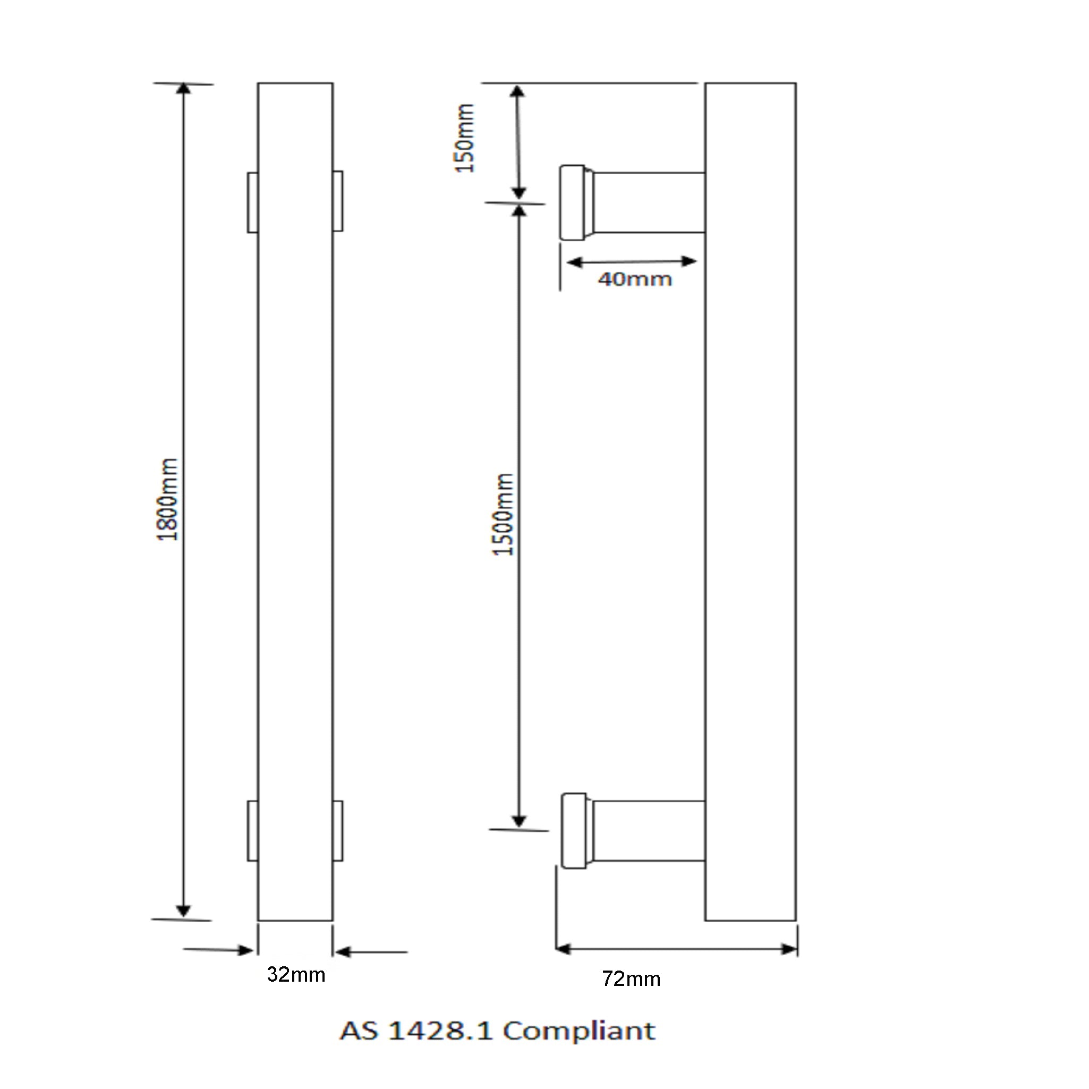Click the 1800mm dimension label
(168, 499)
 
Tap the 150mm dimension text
(465, 139)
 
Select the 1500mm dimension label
(504, 514)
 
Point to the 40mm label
(635, 279)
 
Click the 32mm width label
(296, 975)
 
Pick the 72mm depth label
(631, 979)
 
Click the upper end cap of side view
(573, 202)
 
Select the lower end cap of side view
(574, 831)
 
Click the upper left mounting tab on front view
(252, 202)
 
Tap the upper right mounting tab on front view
(338, 201)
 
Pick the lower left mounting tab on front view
(252, 831)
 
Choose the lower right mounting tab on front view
(338, 831)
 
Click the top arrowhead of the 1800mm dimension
(184, 90)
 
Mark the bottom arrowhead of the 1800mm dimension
(183, 912)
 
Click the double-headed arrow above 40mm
(631, 261)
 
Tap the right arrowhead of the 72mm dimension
(789, 950)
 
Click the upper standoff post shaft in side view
(648, 202)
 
